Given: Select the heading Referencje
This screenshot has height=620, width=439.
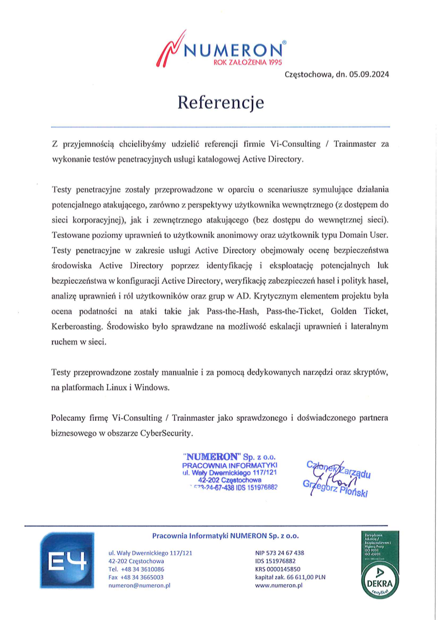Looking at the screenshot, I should [x=220, y=103].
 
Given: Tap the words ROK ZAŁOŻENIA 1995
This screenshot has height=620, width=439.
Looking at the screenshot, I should [x=243, y=63].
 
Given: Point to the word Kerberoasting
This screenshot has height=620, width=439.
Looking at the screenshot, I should [x=77, y=327].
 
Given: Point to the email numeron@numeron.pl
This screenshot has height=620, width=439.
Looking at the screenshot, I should [x=139, y=585].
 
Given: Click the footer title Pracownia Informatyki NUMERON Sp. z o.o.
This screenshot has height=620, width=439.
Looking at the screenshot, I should [x=225, y=536].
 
